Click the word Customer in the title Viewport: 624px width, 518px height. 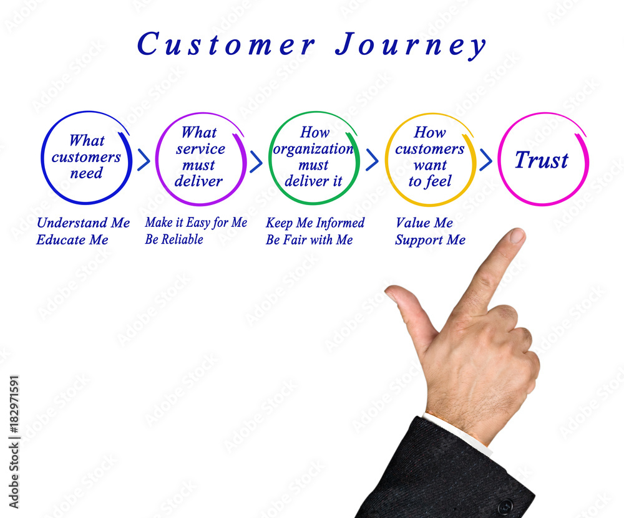tap(226, 44)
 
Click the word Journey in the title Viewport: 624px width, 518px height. tap(411, 46)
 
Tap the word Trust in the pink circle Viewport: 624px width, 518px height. tap(542, 160)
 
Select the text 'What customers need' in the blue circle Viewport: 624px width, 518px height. tap(86, 156)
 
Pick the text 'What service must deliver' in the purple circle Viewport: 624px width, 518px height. tap(200, 156)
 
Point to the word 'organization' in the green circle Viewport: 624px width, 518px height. tap(313, 149)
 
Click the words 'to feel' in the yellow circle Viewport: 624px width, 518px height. tap(430, 181)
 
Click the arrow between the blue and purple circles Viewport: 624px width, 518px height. tap(144, 160)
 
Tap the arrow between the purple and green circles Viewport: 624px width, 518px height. tap(256, 161)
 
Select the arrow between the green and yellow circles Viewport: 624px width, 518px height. tap(372, 160)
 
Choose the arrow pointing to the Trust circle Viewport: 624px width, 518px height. tap(486, 160)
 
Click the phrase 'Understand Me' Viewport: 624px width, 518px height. tap(83, 223)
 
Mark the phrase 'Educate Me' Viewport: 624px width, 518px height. tap(72, 240)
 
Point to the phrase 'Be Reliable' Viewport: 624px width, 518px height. tap(174, 239)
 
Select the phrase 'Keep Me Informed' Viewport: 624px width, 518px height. tap(314, 223)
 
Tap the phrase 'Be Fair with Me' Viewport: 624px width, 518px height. tap(310, 240)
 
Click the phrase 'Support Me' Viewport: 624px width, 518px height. tap(430, 240)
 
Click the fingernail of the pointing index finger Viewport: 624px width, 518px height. tap(517, 236)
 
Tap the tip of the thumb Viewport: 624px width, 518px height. tap(390, 290)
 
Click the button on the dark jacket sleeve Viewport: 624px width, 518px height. tap(505, 507)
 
